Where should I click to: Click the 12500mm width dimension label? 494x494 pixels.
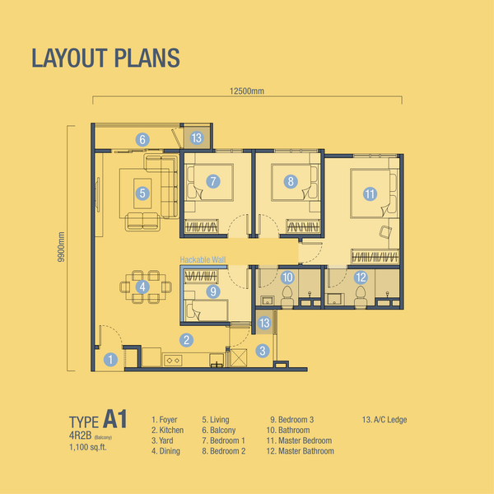[247, 91]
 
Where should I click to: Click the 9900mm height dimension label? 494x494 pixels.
[61, 247]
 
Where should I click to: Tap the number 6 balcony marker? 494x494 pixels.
[142, 139]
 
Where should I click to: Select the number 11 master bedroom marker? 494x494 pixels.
[370, 193]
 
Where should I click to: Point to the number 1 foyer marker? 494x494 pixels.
[110, 360]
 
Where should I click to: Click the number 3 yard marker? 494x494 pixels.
[263, 351]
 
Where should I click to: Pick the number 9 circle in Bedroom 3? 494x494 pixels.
[213, 291]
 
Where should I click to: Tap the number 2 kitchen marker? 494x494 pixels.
[187, 340]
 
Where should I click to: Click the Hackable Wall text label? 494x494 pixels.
[203, 259]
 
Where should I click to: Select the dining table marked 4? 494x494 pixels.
[146, 287]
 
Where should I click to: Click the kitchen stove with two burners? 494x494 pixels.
[173, 360]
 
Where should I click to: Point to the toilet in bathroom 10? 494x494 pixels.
[287, 296]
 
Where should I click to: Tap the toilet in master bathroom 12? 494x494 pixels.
[361, 296]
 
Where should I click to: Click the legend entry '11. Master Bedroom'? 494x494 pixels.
[299, 440]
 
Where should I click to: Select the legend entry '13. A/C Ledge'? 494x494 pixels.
[384, 420]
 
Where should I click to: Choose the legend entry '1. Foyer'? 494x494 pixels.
[164, 420]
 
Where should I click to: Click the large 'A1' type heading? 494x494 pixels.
[115, 419]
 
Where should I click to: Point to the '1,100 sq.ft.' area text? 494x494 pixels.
[88, 447]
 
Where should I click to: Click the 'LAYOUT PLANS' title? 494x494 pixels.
[105, 58]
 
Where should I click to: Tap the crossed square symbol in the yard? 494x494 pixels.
[239, 357]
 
